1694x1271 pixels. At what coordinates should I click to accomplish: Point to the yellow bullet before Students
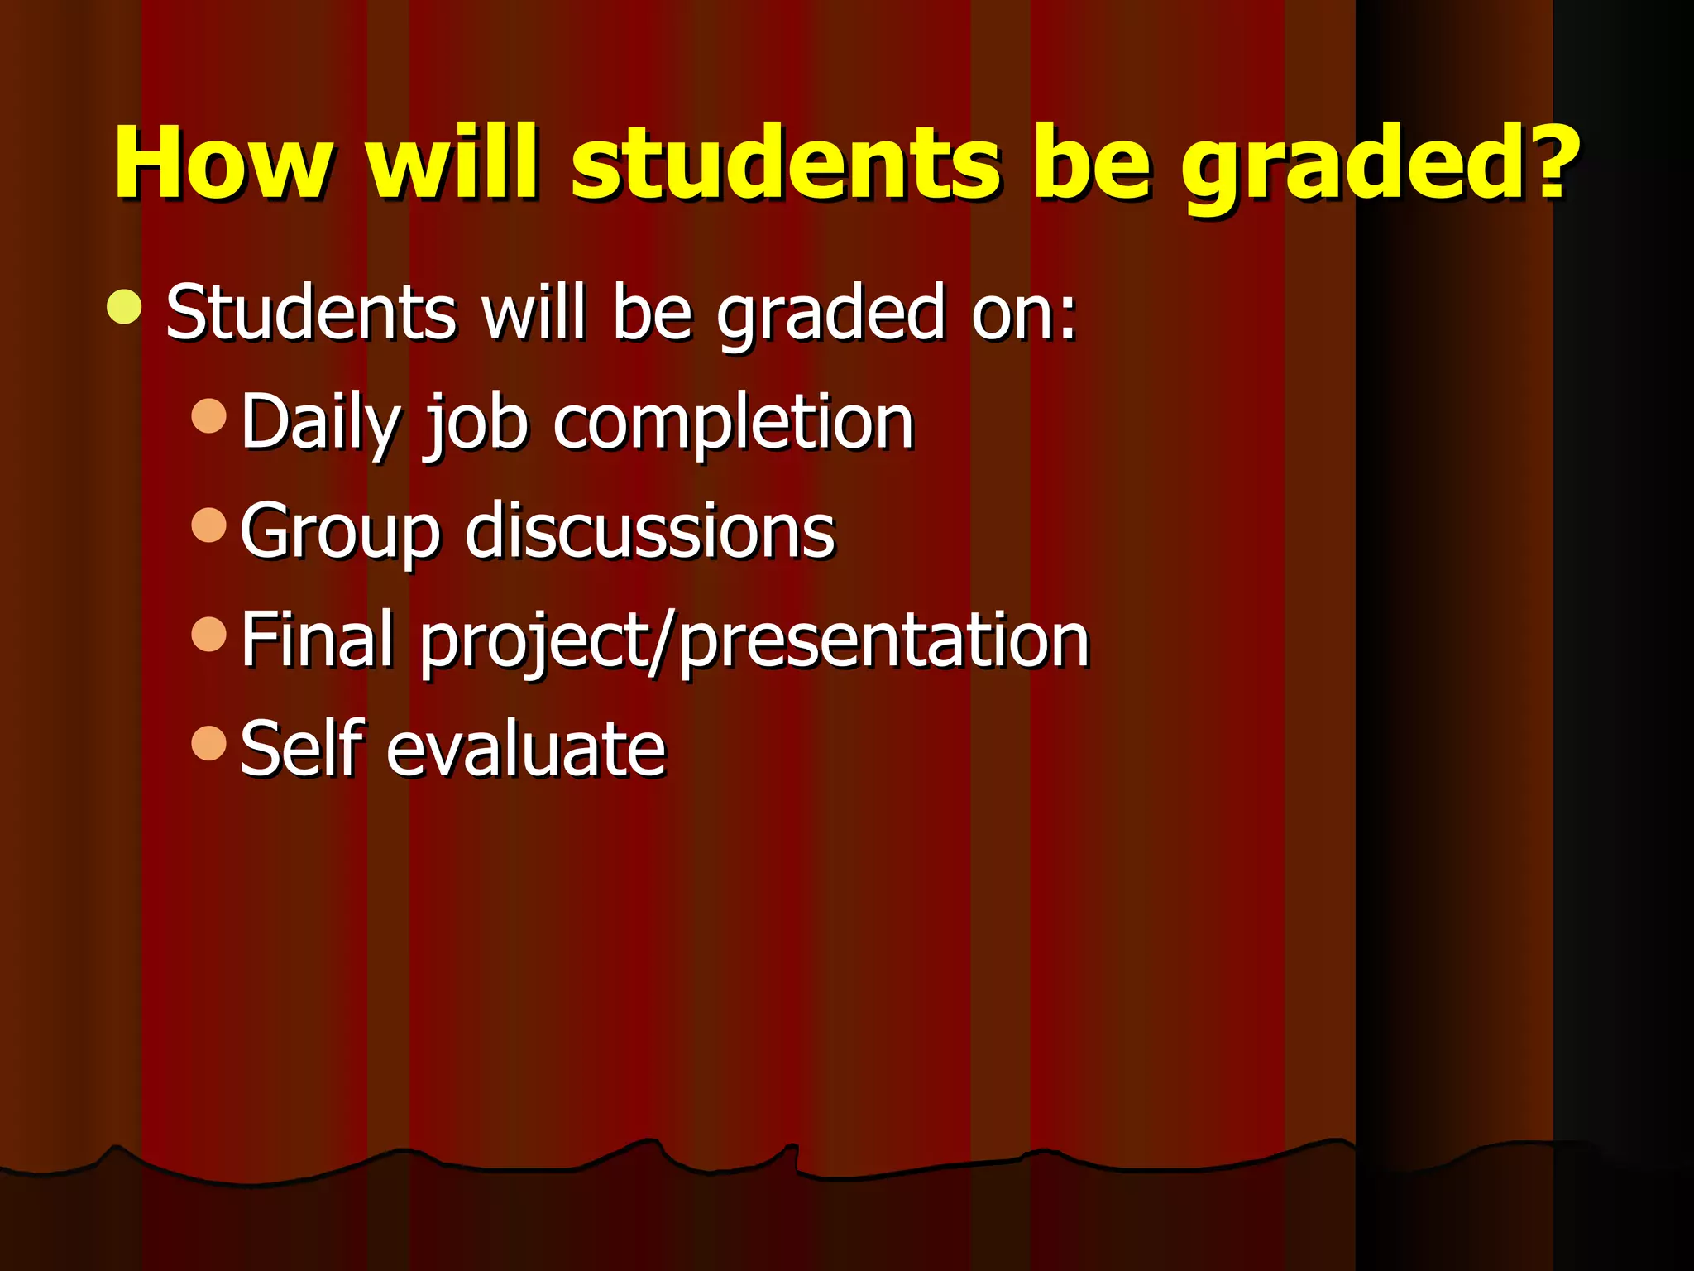125,307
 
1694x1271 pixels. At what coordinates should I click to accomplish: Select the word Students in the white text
311,312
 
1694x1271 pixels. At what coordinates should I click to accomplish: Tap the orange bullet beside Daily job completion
208,415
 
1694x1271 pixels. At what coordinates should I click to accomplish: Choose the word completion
733,424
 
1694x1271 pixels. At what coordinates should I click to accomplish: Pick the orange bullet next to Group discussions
208,525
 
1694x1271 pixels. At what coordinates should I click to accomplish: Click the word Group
340,532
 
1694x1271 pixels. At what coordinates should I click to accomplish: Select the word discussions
650,530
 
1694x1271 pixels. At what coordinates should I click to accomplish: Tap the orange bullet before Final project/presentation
208,634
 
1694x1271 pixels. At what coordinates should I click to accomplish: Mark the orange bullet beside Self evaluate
208,742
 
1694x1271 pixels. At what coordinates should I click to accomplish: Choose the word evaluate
526,749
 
